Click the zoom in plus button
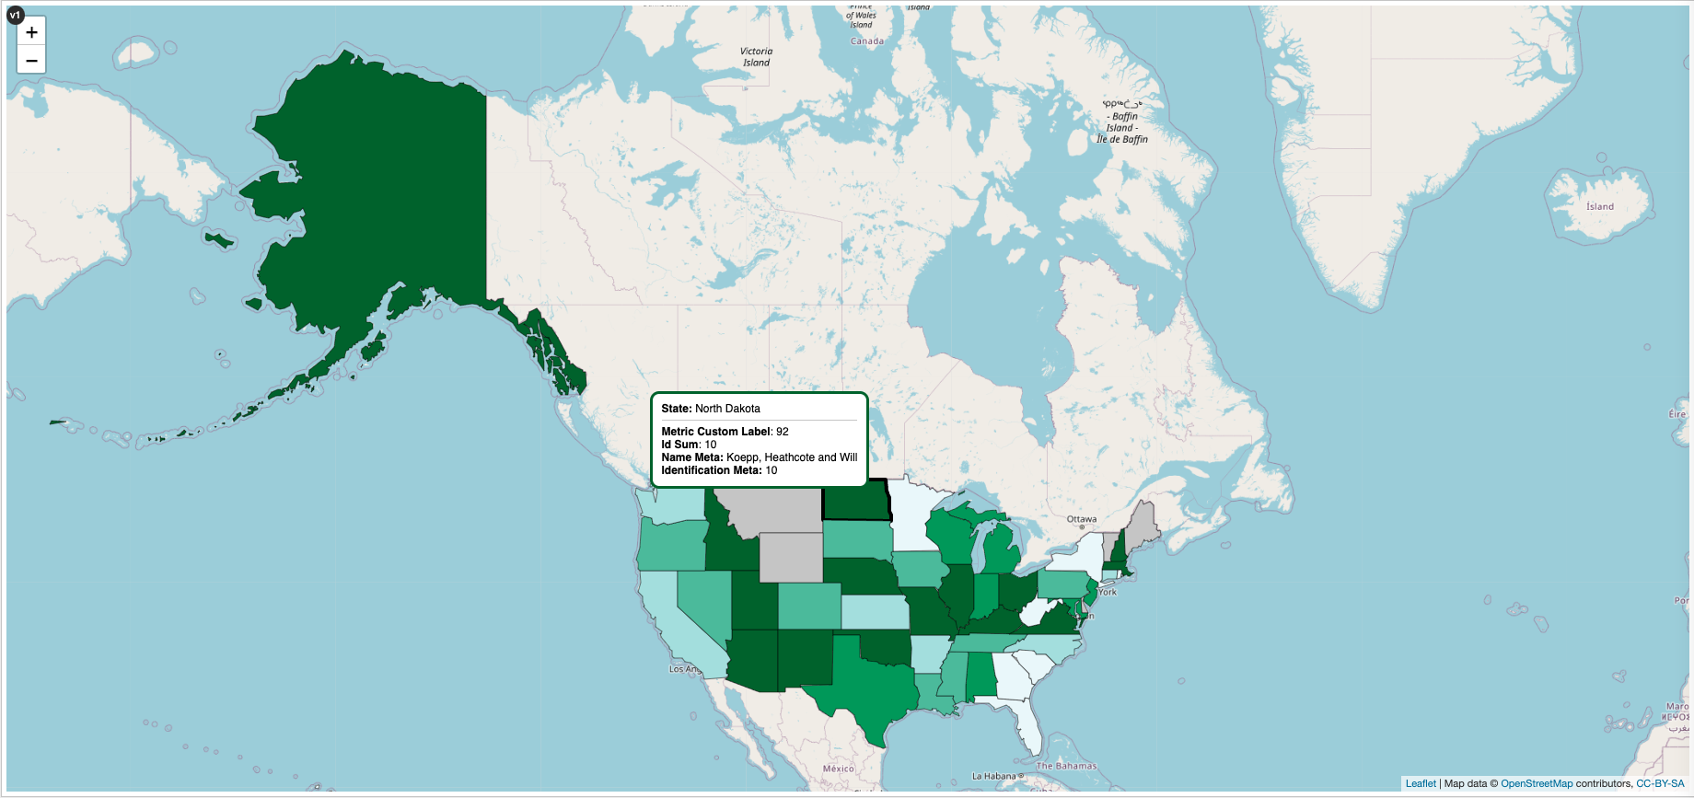tap(31, 32)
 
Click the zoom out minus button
tap(31, 61)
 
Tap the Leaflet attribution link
tap(1420, 784)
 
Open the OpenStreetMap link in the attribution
tap(1536, 784)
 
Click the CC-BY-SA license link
tap(1659, 784)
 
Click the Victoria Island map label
tap(756, 57)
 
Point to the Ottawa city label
tap(1082, 519)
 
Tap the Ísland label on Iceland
tap(1599, 207)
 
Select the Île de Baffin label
tap(1121, 140)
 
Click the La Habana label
tap(994, 776)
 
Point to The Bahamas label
tap(1066, 766)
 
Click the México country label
tap(838, 769)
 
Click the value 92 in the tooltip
tap(782, 432)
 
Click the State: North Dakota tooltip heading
tap(711, 409)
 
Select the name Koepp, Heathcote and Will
tap(791, 457)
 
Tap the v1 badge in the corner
tap(15, 15)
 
